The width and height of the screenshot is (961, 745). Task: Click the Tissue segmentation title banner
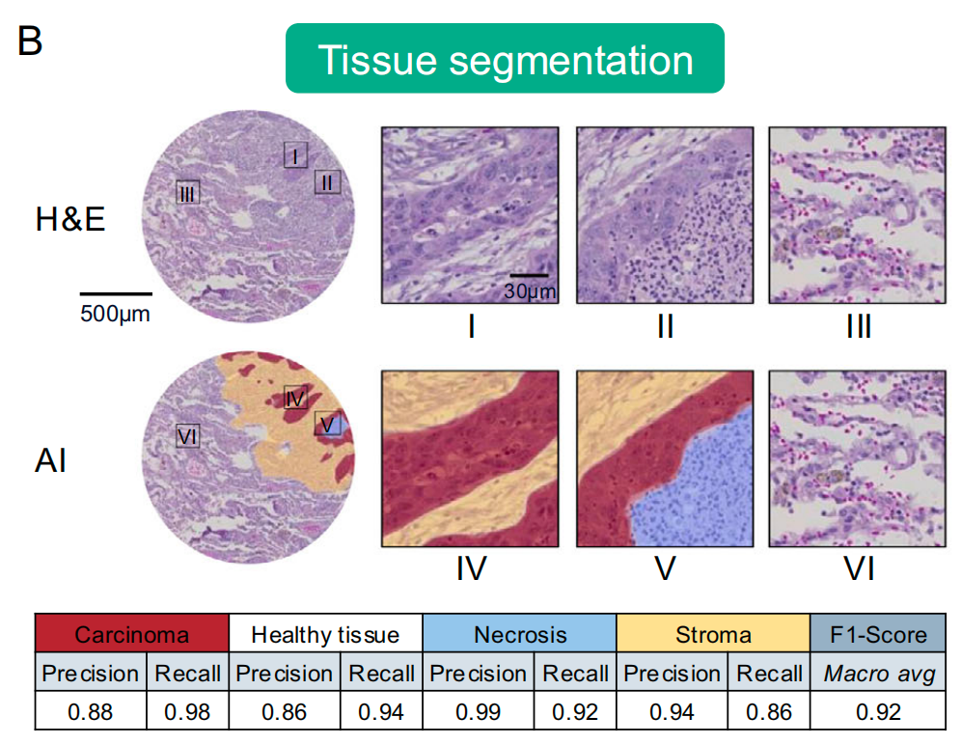pos(505,59)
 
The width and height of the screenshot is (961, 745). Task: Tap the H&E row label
pos(70,220)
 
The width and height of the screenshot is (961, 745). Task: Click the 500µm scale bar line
pos(116,292)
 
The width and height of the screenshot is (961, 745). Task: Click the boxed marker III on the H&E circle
pos(187,193)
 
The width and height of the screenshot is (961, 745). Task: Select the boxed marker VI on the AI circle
pos(187,436)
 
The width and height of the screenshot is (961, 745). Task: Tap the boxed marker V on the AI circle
pos(327,423)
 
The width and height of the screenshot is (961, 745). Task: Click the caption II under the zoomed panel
pos(663,326)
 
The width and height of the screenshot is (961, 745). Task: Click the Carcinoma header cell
pos(132,634)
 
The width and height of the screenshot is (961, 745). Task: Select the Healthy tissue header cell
pos(325,634)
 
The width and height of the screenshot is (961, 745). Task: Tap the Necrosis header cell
pos(519,634)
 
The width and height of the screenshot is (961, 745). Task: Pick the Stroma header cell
pos(713,634)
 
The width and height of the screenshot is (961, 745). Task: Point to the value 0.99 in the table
pos(478,712)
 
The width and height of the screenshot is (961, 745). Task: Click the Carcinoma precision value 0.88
pos(91,712)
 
